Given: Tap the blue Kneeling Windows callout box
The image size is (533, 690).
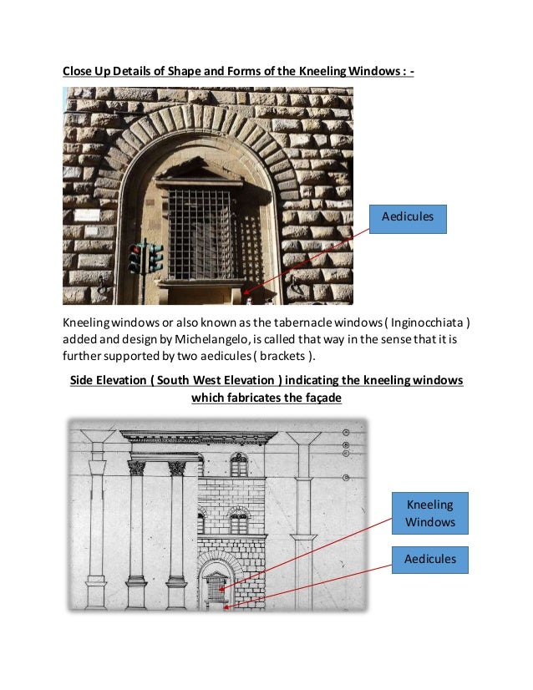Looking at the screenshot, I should [x=430, y=514].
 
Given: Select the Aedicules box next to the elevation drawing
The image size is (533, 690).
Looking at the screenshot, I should [x=430, y=560].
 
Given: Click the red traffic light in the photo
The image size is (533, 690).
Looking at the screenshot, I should [x=135, y=250].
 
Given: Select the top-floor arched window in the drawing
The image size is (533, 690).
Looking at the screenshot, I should [x=240, y=464].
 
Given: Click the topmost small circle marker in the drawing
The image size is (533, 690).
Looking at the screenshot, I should [x=344, y=433].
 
